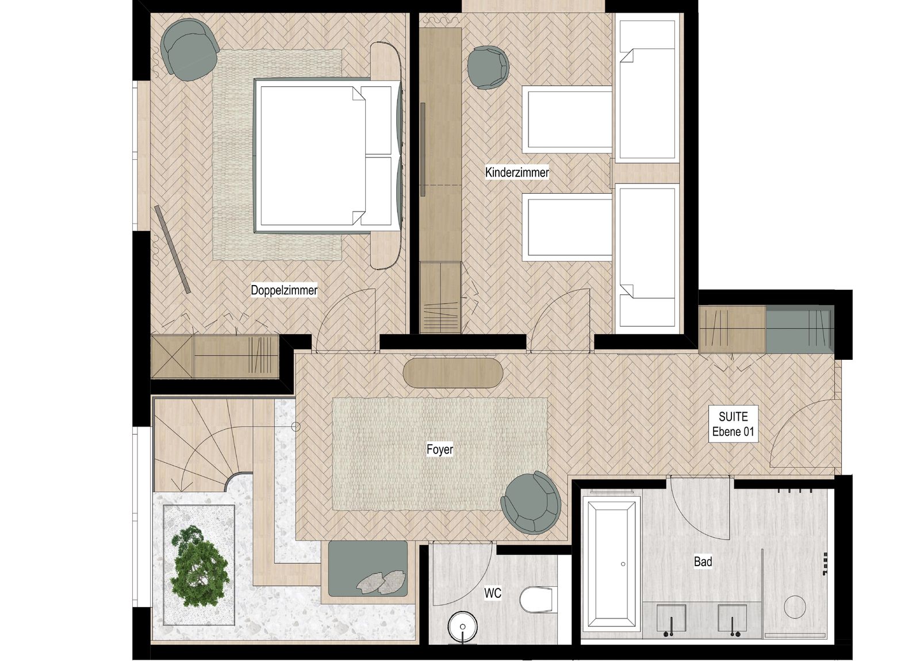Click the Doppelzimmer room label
284,290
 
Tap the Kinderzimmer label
517,172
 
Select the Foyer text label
440,449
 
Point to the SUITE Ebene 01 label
733,424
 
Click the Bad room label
703,562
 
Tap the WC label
493,593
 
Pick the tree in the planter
200,567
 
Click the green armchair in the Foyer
531,502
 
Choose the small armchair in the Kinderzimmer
488,67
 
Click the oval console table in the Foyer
453,372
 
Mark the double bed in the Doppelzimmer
327,156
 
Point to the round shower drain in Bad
795,607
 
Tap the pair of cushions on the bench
381,582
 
